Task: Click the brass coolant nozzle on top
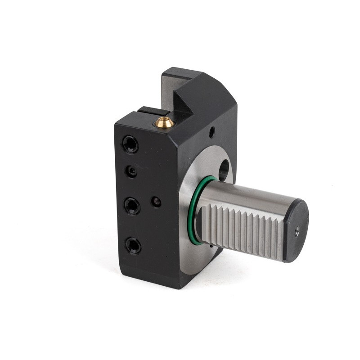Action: click(163, 121)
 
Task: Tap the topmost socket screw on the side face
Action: click(130, 144)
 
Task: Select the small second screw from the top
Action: click(131, 171)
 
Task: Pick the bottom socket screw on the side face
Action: click(133, 245)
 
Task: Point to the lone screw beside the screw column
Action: click(156, 202)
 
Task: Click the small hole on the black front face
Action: click(211, 133)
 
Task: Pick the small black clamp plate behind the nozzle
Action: click(153, 111)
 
